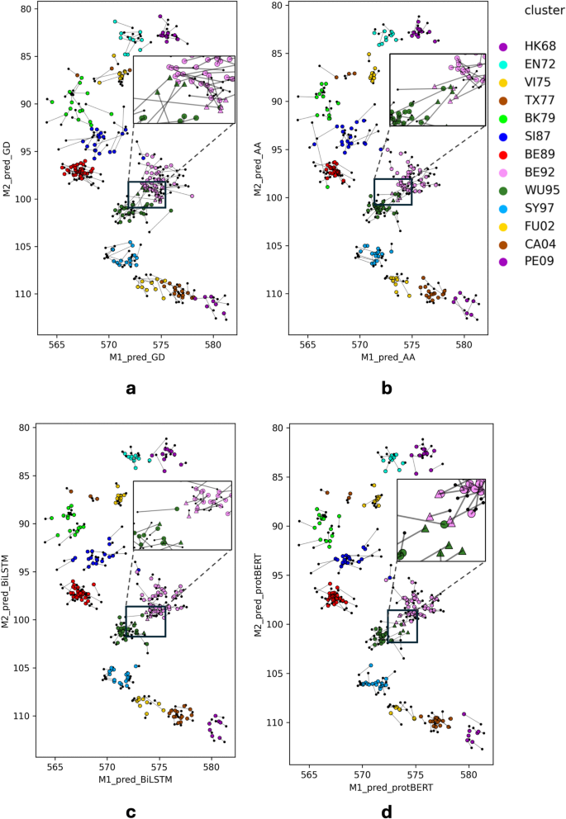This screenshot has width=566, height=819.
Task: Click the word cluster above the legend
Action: [x=541, y=9]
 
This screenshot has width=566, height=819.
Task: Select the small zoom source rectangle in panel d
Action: [x=402, y=625]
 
